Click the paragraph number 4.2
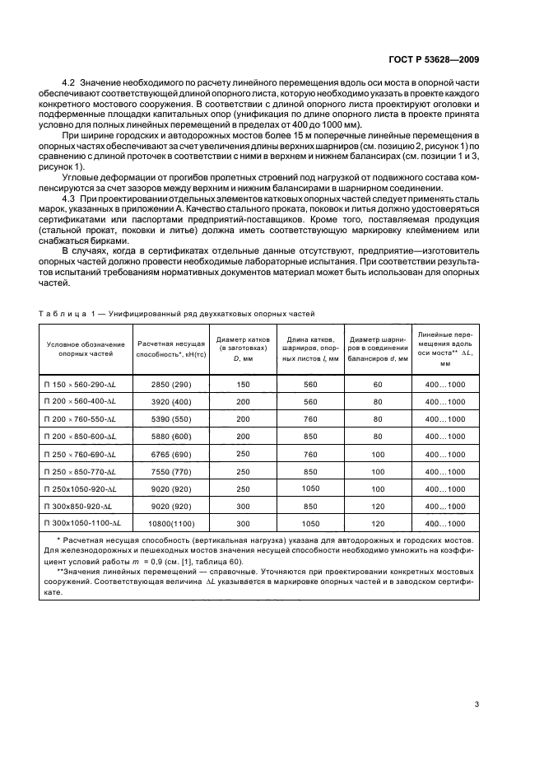[x=69, y=84]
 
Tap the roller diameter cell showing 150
[x=243, y=384]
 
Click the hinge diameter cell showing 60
[x=378, y=384]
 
